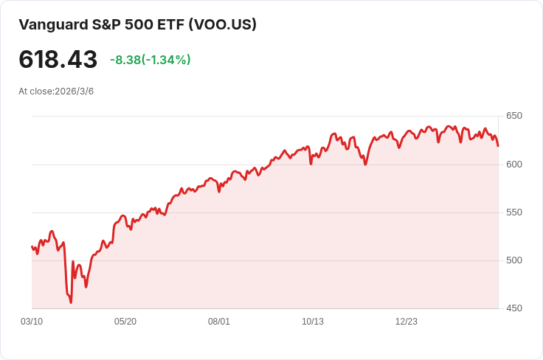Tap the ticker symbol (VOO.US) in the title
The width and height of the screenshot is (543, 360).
point(222,24)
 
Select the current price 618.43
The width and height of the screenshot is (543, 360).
point(58,60)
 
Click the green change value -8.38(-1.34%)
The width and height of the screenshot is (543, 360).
point(151,60)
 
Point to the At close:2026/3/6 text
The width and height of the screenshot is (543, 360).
point(56,91)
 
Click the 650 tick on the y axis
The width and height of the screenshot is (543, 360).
point(513,116)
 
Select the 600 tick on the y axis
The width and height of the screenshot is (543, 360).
point(513,165)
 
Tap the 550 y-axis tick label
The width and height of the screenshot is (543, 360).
point(513,212)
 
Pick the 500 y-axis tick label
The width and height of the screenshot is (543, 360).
point(513,260)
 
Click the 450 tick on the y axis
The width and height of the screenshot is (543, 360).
point(513,308)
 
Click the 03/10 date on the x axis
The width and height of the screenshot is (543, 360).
point(32,322)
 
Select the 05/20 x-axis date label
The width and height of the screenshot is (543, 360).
point(125,322)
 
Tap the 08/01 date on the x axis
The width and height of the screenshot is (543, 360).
point(219,322)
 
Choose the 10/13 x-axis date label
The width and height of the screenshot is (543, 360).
point(313,322)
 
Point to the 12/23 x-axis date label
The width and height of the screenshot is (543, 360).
point(407,322)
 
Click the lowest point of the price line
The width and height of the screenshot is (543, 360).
point(71,302)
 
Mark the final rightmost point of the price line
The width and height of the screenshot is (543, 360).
point(498,145)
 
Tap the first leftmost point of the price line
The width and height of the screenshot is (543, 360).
point(32,246)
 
